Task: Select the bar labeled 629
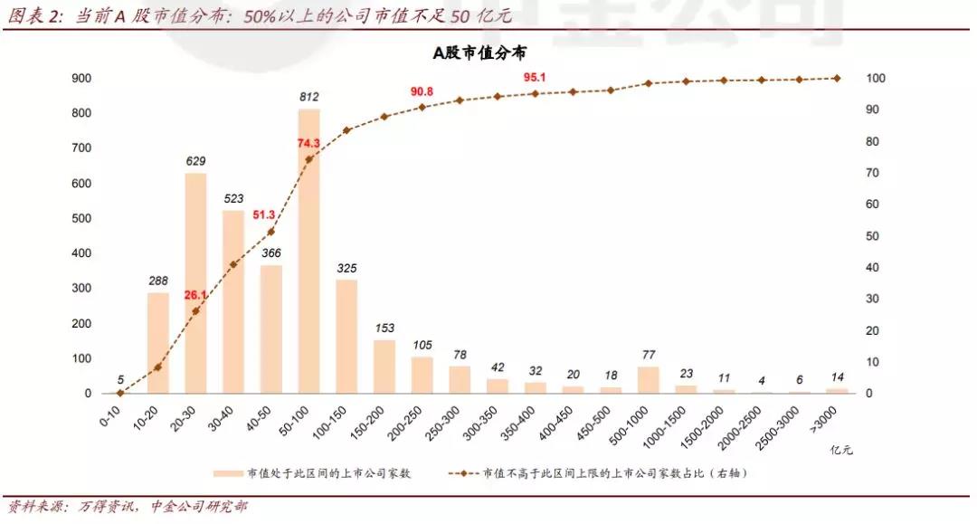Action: (196, 282)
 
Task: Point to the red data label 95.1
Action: (535, 77)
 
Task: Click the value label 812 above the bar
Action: (309, 97)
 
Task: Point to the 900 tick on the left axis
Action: (81, 79)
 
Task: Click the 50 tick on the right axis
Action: (873, 236)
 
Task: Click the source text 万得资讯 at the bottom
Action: (107, 507)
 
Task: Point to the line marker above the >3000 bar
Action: (837, 78)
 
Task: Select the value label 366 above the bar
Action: (271, 253)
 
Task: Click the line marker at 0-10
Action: (120, 393)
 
